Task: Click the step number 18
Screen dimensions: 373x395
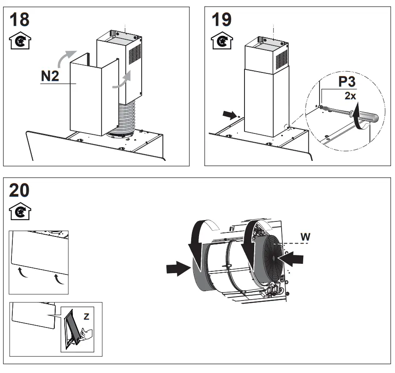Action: (x=20, y=20)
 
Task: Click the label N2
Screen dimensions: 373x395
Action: (x=50, y=76)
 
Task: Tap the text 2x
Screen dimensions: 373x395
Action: (x=350, y=95)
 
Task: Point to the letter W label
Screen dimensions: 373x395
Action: (x=305, y=237)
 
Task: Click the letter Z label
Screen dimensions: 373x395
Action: (x=87, y=317)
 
